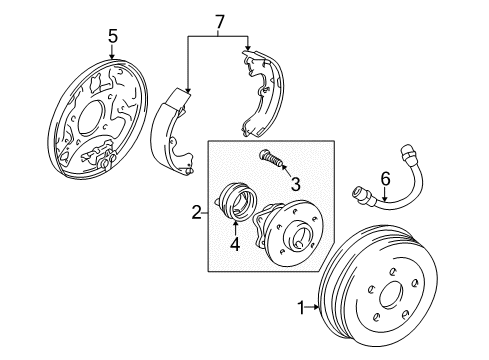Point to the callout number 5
click(113, 37)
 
